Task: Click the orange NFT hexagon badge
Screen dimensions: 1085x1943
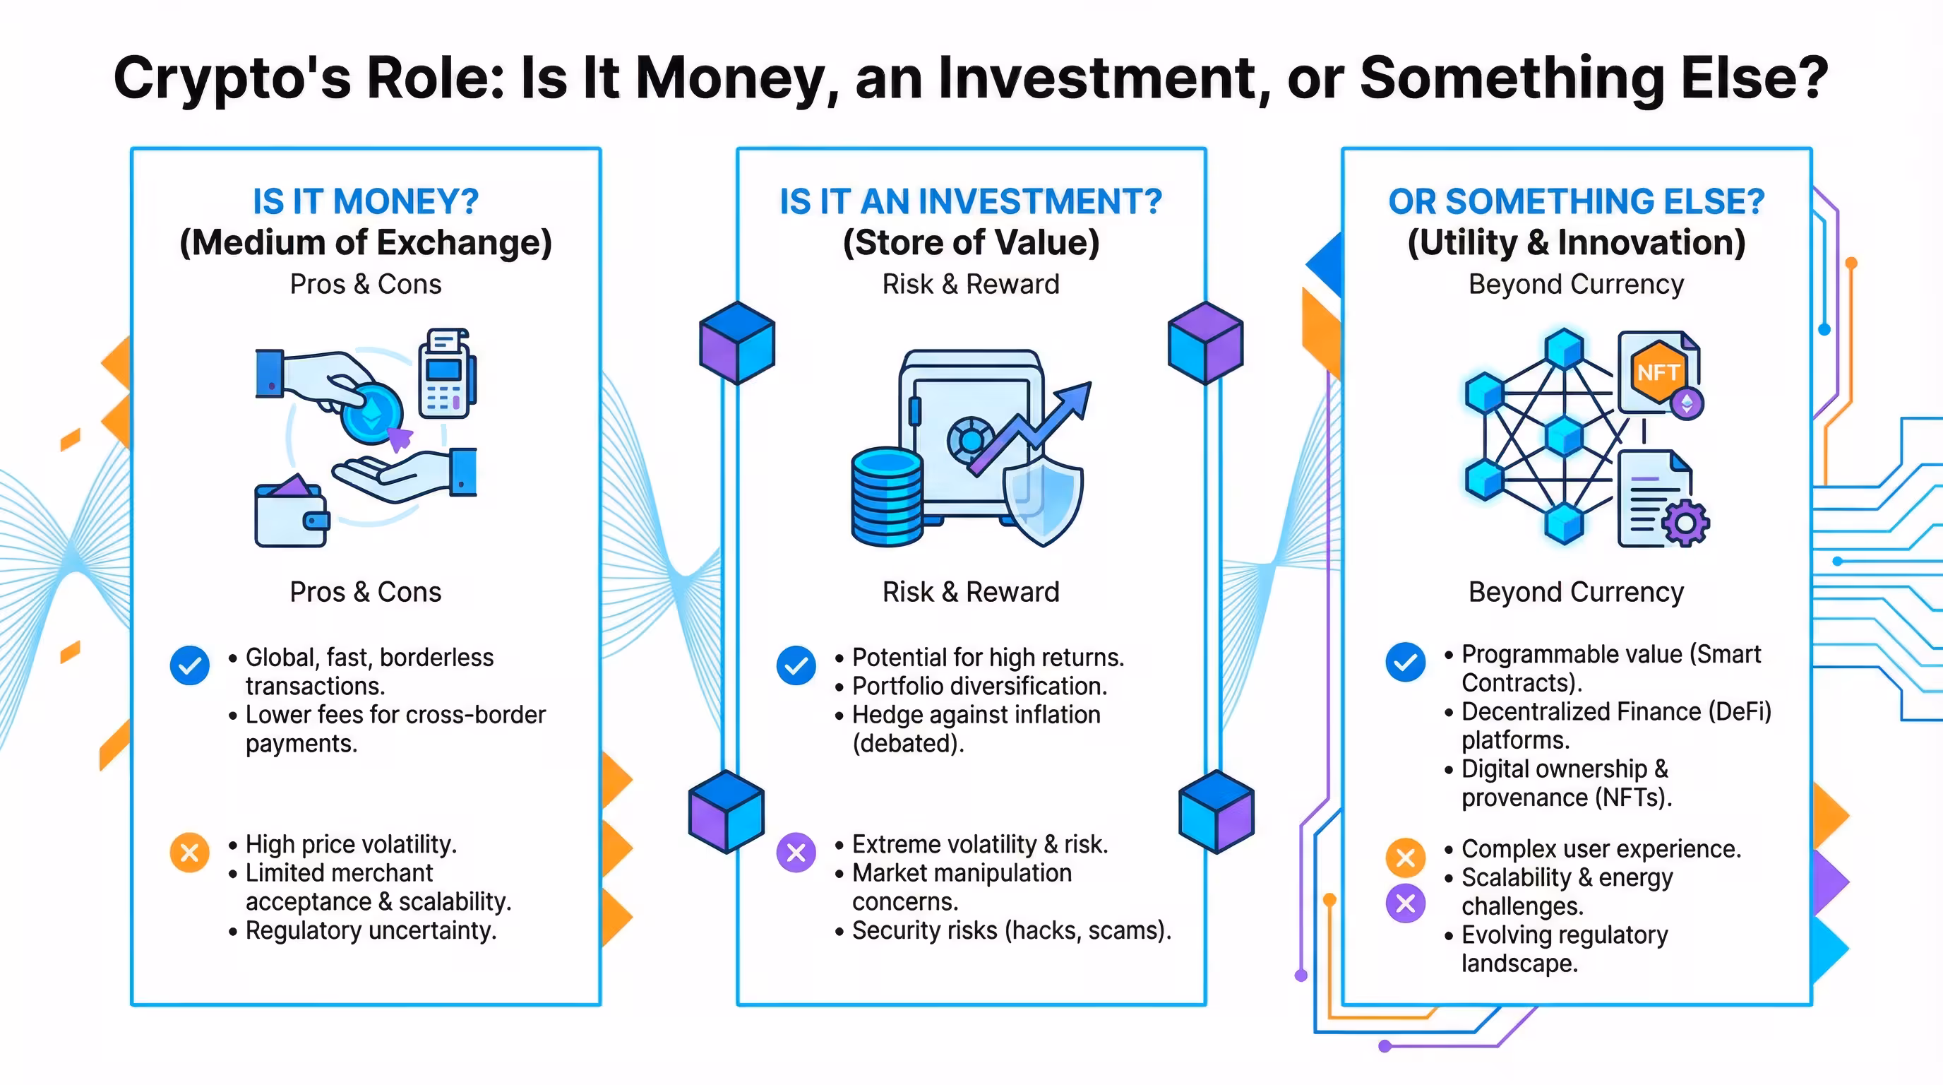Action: (1657, 372)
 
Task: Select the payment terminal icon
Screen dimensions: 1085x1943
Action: (446, 374)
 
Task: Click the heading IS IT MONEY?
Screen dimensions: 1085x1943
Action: (366, 201)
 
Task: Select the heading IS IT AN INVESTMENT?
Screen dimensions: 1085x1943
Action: (971, 201)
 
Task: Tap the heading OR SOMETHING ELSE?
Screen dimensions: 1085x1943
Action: (1577, 201)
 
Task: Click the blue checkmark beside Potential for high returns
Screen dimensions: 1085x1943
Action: (796, 665)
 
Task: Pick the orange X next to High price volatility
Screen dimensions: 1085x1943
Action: (189, 853)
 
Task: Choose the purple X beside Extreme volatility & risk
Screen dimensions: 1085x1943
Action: (796, 853)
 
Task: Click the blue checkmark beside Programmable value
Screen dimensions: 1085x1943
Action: (1405, 663)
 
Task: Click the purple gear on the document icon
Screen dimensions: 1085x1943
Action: (1685, 522)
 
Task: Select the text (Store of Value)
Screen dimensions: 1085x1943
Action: (971, 243)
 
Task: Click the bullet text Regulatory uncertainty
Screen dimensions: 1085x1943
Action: (371, 930)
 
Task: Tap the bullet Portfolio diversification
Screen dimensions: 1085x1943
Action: (979, 686)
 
